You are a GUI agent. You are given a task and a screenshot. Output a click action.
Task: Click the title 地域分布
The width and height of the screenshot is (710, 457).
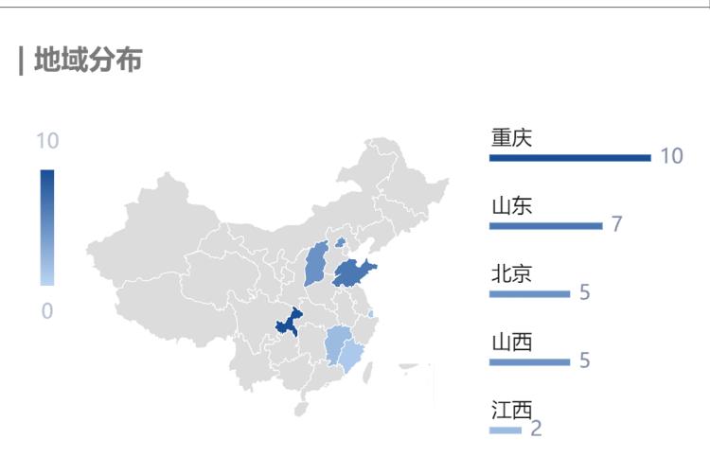(x=87, y=62)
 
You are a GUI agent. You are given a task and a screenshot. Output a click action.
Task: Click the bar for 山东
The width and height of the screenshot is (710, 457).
(x=545, y=225)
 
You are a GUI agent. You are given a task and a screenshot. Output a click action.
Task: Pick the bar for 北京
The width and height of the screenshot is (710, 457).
(x=529, y=293)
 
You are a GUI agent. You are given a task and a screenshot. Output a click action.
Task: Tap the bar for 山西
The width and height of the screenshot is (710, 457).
(x=529, y=361)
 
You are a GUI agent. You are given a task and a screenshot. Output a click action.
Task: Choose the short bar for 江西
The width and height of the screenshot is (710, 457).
(x=505, y=431)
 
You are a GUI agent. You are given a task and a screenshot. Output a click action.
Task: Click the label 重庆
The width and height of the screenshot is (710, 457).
(x=511, y=137)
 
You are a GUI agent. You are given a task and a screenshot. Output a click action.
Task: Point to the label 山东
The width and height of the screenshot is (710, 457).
(x=511, y=205)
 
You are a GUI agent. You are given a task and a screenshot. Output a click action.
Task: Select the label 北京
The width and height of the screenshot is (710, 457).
(x=511, y=273)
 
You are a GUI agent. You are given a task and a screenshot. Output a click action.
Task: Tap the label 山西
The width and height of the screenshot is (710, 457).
(x=511, y=342)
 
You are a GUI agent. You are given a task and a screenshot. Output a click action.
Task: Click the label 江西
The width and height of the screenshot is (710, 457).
(x=511, y=411)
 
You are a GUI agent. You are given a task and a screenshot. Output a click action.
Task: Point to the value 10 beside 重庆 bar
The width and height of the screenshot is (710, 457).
(x=671, y=156)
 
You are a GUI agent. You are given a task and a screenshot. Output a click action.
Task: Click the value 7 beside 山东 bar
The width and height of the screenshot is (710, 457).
(x=616, y=224)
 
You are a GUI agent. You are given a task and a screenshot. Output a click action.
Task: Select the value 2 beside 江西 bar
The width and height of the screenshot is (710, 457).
(x=536, y=430)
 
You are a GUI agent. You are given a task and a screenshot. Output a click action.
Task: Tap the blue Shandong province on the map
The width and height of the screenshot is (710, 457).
(x=352, y=272)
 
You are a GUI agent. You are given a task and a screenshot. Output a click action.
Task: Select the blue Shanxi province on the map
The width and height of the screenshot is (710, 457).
(x=316, y=265)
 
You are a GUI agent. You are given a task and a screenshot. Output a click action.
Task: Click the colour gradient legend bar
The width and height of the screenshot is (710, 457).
(x=47, y=227)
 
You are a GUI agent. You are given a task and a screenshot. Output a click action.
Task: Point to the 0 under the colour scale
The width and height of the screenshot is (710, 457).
(x=47, y=310)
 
